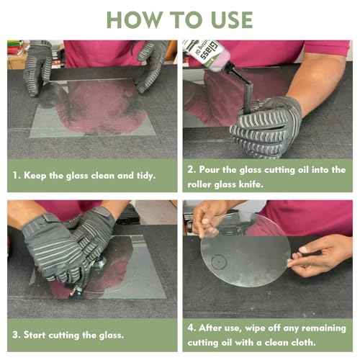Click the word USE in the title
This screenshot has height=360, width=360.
point(229,19)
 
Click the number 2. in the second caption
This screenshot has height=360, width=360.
point(192,169)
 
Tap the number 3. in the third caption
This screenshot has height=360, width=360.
point(17,334)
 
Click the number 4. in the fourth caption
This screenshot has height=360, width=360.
point(192,327)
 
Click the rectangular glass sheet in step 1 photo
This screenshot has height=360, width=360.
point(94,108)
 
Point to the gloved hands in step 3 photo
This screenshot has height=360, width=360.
point(68,248)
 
